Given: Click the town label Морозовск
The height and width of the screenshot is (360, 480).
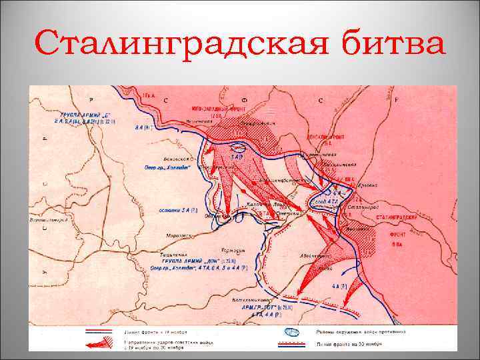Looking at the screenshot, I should [x=181, y=234].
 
